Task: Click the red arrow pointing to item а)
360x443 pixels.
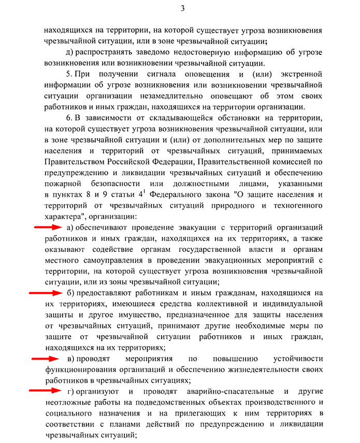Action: tap(48, 227)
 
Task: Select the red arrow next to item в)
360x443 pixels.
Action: tap(45, 359)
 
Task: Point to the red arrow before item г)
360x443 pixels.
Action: tap(43, 391)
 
